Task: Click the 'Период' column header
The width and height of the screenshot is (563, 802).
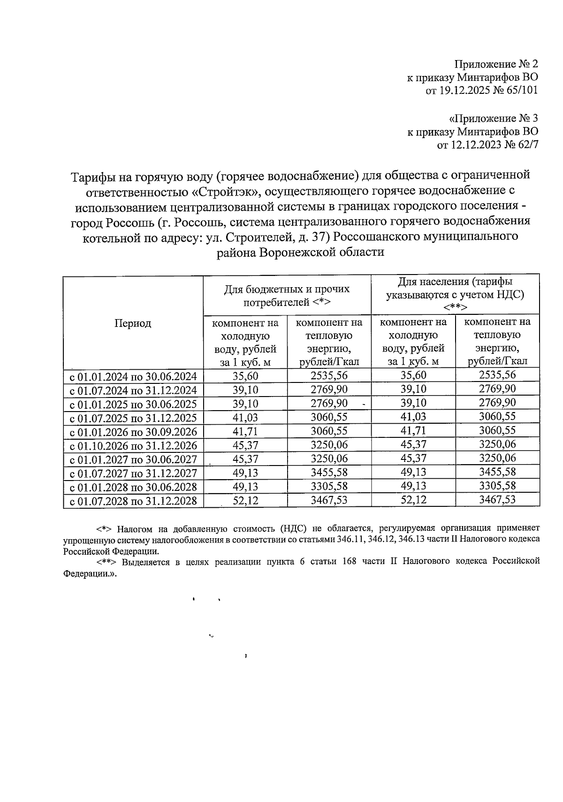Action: point(133,323)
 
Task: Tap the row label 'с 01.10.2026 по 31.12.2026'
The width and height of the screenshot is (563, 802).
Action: point(133,445)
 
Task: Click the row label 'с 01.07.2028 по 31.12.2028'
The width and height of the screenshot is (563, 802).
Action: point(133,501)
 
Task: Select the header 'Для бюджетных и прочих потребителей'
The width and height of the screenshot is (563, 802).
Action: point(287,296)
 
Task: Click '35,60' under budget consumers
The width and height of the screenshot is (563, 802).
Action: point(245,376)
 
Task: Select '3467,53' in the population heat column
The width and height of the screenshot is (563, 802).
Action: point(497,500)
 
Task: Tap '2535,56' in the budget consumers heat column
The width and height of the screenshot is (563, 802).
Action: point(329,376)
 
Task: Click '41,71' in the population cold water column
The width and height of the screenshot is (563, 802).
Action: point(413,431)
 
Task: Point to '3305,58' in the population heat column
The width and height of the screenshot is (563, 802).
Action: point(497,486)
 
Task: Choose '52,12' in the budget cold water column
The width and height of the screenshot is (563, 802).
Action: point(245,500)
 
